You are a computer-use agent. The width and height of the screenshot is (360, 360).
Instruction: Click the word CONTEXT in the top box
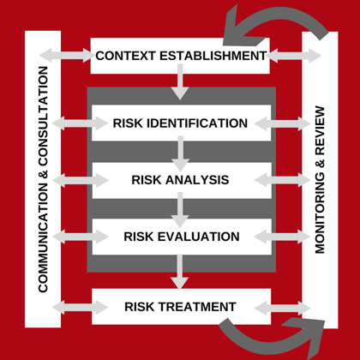point(126,56)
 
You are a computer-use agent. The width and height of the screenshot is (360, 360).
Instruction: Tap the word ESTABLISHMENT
point(213,56)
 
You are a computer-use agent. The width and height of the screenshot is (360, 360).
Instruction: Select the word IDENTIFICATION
point(197,123)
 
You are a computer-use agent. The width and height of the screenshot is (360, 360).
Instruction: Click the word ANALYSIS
point(197,180)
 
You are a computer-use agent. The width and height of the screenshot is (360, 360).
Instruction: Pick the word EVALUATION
point(199,237)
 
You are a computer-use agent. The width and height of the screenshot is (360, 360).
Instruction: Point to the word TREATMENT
point(197,307)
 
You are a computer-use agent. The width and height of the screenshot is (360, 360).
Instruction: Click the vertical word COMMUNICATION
point(43,237)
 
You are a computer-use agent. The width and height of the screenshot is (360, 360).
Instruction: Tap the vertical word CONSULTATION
point(43,116)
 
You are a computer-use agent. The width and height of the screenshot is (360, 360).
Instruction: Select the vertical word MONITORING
point(320,213)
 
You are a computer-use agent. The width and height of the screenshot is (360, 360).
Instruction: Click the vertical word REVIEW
point(320,130)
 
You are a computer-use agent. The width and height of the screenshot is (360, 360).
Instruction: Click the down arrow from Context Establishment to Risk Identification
point(180,82)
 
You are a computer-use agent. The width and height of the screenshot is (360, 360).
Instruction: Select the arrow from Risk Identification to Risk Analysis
point(180,153)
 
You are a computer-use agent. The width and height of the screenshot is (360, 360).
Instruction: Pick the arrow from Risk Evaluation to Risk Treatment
point(180,272)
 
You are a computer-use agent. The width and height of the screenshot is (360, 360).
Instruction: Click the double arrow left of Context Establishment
point(67,55)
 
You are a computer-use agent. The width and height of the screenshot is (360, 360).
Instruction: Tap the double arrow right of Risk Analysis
point(282,180)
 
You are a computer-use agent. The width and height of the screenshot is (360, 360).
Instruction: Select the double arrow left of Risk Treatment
point(80,308)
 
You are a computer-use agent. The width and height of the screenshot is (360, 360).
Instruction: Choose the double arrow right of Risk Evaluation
point(282,237)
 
